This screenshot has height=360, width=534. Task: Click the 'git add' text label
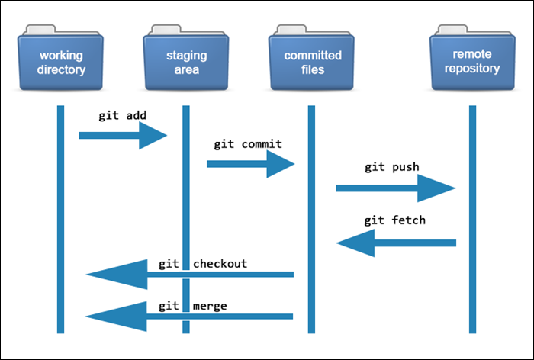(x=122, y=116)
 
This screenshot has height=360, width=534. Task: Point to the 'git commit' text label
(x=247, y=143)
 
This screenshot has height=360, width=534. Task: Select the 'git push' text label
(x=391, y=167)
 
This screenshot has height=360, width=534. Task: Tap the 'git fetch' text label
(x=394, y=220)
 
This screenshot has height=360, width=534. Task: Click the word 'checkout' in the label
(x=220, y=264)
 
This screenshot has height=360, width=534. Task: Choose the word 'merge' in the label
(x=210, y=306)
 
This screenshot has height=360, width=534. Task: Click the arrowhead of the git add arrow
(x=153, y=136)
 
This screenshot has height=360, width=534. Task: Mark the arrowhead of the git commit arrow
(x=280, y=162)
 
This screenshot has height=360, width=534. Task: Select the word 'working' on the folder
(x=62, y=56)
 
